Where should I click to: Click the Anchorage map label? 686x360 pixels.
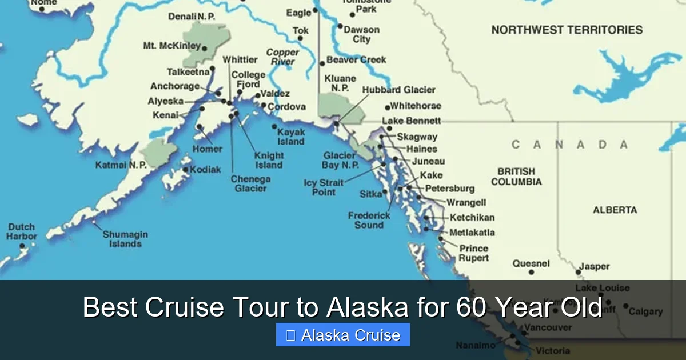click(x=175, y=86)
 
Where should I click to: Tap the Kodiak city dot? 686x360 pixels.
click(x=186, y=170)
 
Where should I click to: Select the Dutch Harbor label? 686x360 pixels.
click(x=22, y=231)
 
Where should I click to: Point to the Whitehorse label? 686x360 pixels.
click(x=416, y=106)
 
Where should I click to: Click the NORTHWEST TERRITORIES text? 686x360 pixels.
click(x=567, y=30)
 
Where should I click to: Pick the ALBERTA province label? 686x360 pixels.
click(x=615, y=210)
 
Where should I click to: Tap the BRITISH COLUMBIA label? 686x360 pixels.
click(x=516, y=177)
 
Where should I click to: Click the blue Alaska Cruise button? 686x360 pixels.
click(x=343, y=335)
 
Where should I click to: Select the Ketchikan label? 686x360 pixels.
click(x=472, y=218)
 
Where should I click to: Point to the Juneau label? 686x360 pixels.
click(x=428, y=161)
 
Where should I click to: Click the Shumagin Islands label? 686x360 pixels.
click(x=125, y=239)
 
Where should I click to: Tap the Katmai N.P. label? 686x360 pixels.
click(x=121, y=165)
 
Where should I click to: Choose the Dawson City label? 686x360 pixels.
click(x=361, y=34)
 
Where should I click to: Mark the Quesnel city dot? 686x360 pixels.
click(x=532, y=272)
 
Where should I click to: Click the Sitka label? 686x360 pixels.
click(x=370, y=194)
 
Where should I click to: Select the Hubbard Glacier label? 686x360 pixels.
click(x=399, y=90)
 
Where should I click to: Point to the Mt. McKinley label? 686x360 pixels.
click(x=171, y=46)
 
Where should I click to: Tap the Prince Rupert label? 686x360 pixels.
click(x=474, y=253)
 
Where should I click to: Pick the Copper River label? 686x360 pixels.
click(x=282, y=57)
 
